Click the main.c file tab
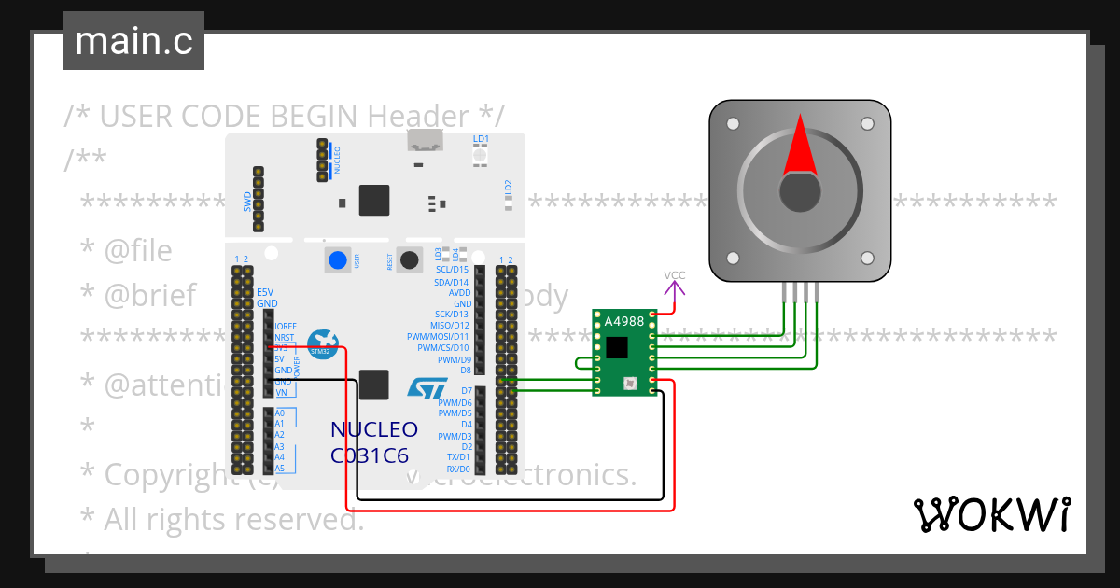coord(133,41)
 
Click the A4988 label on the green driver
coord(623,322)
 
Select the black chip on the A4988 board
coord(617,347)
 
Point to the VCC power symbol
coord(675,276)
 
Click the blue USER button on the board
coord(337,260)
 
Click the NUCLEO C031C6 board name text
coord(373,442)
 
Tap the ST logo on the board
coord(427,388)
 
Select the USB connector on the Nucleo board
coord(425,141)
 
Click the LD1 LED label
coord(481,139)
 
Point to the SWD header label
coord(246,200)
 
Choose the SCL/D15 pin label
coord(452,270)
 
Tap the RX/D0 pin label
coord(457,469)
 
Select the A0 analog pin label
coord(280,413)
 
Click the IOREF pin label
coord(286,326)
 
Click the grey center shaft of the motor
coord(800,192)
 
